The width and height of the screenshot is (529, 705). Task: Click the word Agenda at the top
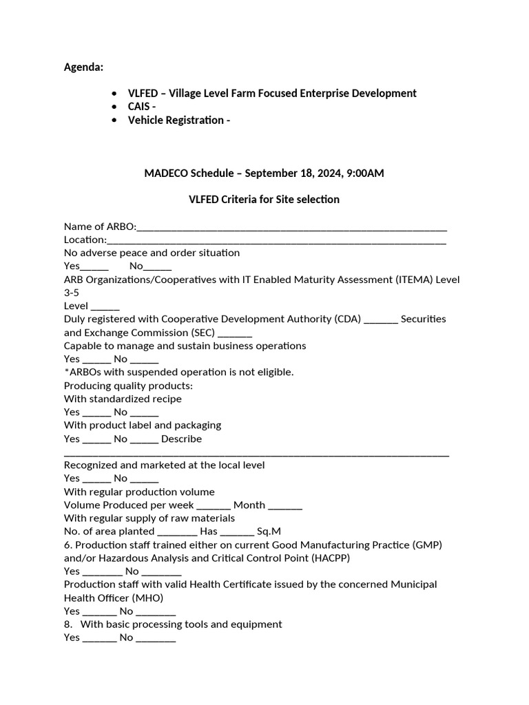click(83, 67)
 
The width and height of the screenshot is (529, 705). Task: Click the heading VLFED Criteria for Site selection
click(264, 200)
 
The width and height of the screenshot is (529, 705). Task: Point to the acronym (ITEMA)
click(418, 280)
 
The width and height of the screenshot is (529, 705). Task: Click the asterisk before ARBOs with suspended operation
click(66, 371)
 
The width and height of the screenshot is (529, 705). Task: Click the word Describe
click(182, 439)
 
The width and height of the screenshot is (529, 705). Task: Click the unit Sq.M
click(269, 532)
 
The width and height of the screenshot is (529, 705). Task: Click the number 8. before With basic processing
click(68, 624)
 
